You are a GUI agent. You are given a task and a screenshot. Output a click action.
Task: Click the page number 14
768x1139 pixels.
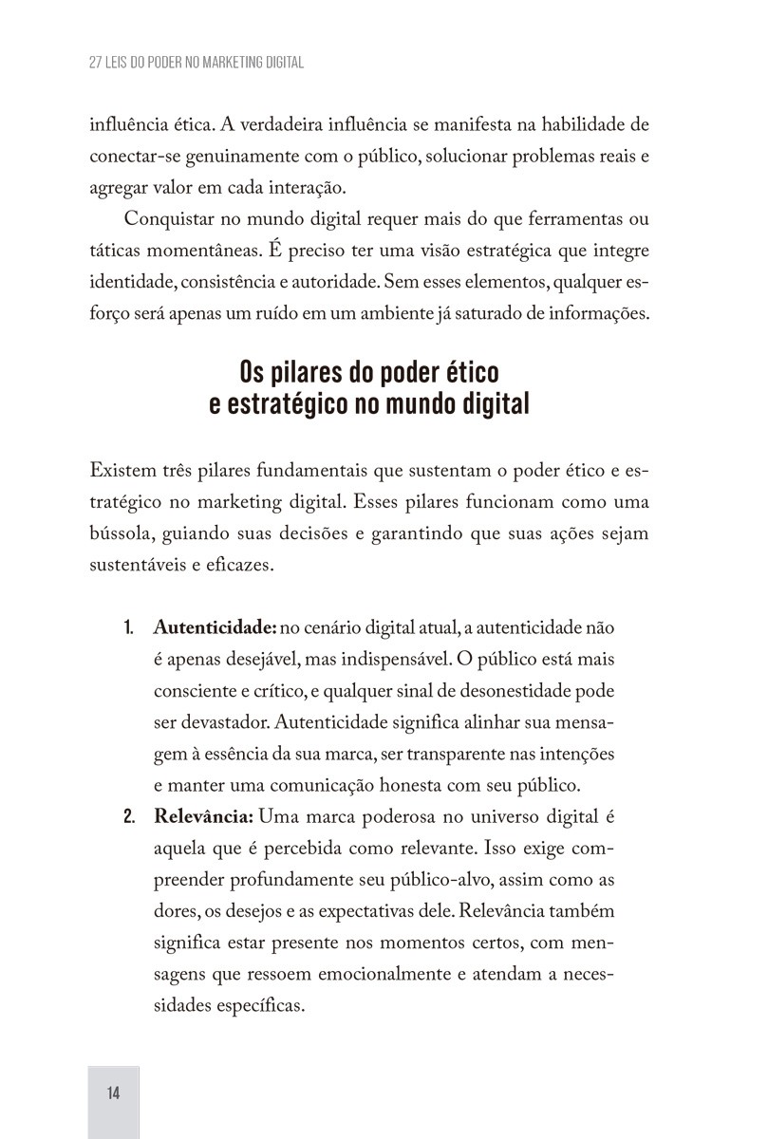(x=114, y=1092)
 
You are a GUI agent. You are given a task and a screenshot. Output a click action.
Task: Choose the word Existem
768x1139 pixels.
(x=121, y=471)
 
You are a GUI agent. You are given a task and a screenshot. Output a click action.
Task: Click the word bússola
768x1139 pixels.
(x=121, y=533)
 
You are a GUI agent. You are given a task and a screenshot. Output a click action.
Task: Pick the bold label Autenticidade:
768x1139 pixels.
(x=215, y=628)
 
